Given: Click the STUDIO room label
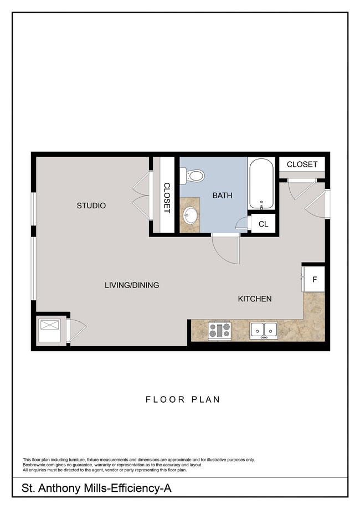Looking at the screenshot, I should coord(91,205).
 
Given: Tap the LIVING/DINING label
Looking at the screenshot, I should coord(132,285).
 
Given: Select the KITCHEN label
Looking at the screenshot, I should coord(255,299).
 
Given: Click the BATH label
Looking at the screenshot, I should coord(222,196).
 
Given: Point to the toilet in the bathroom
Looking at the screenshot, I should coord(193,176).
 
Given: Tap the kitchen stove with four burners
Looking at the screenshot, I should coord(219,331).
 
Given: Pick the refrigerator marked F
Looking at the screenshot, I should coord(313,279).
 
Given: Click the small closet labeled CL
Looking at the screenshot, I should coord(264,224).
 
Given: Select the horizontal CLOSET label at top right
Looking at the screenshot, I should coord(302,164).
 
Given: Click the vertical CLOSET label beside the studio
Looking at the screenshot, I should coord(166,198).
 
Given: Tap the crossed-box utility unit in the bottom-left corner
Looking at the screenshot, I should coord(50,330).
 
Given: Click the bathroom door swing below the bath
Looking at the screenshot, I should coord(227,249).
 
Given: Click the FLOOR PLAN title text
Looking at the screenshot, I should coord(183,399).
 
